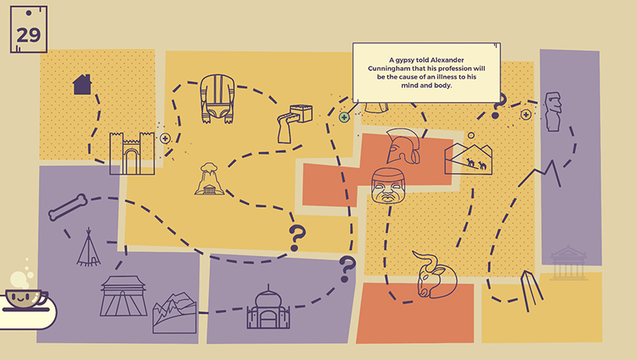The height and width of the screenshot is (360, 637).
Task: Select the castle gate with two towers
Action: [x=127, y=151]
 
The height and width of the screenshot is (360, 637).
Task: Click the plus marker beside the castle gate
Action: [x=165, y=138]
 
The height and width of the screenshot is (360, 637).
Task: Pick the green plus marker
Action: [x=344, y=117]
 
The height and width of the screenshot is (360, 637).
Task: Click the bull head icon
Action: [x=433, y=273]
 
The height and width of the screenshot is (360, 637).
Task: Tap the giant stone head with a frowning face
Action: [x=388, y=186]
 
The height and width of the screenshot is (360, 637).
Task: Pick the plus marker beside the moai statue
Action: [x=526, y=114]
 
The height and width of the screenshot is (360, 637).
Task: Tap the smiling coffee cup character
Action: [x=26, y=297]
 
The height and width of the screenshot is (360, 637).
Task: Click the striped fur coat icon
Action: [x=217, y=99]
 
